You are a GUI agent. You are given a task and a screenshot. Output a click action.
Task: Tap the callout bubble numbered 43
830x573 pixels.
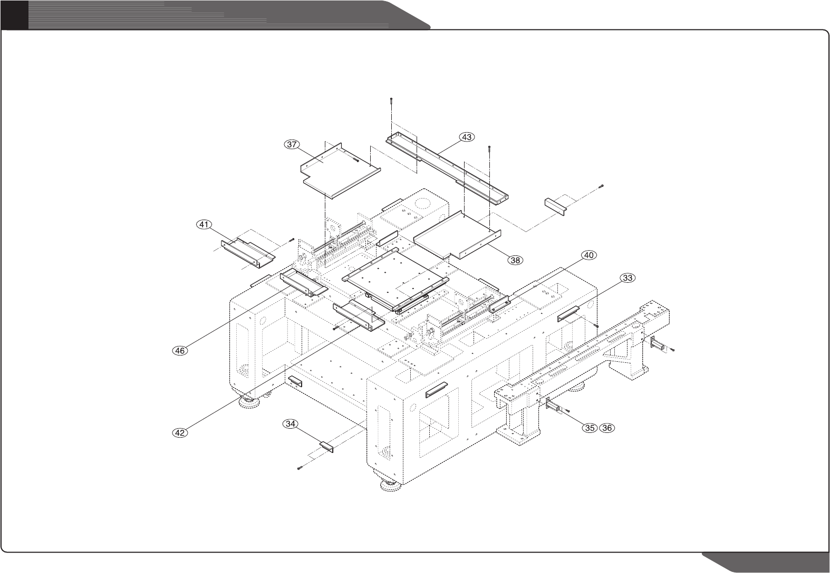467,137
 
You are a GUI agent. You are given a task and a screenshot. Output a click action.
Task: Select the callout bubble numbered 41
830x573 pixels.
202,224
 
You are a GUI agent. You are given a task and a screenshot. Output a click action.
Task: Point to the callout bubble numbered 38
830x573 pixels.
515,260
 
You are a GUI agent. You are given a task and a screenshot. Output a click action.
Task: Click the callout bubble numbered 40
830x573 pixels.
589,255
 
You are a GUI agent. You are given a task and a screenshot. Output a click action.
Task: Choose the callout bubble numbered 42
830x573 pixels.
180,432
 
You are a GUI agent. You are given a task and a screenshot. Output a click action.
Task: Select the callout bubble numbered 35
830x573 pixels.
590,428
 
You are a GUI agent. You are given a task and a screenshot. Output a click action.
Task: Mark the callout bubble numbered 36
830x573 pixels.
607,428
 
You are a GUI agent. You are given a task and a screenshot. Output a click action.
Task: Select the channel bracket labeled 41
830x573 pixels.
247,251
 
